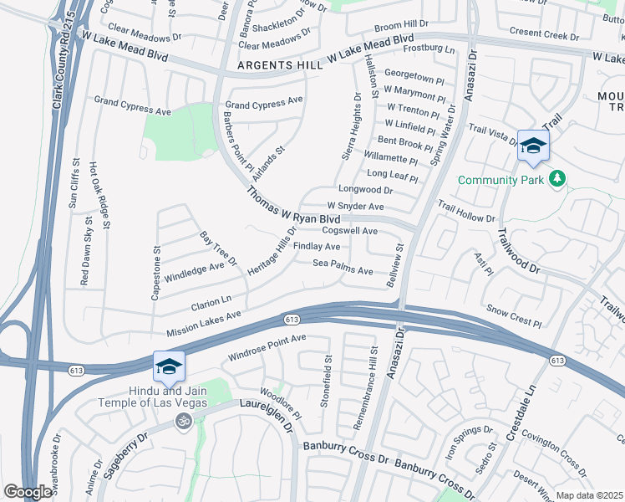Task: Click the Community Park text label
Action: pos(500,179)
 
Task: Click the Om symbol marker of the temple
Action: pos(185,423)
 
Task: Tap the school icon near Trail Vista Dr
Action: pos(532,147)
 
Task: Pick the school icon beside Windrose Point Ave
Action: pos(168,366)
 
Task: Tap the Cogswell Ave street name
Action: pos(350,231)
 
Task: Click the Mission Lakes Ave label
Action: pos(204,322)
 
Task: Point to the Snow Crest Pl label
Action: pos(514,315)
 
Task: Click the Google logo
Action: pos(28,492)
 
